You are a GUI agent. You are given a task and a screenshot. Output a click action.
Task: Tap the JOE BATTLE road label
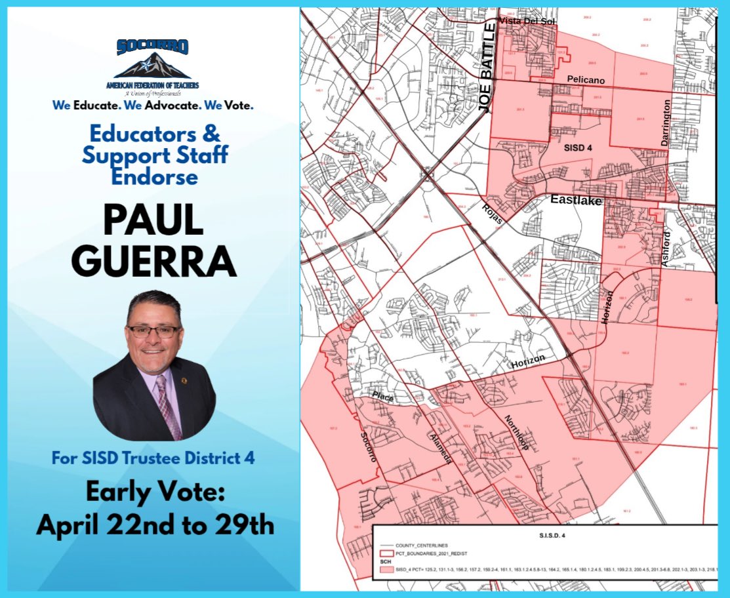487,68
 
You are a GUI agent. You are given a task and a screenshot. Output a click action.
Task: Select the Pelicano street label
586,80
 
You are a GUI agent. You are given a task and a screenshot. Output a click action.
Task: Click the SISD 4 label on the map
578,148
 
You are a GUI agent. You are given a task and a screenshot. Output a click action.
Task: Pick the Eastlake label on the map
575,201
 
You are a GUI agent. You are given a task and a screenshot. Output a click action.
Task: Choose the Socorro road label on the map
369,447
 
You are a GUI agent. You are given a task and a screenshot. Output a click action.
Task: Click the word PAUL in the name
153,222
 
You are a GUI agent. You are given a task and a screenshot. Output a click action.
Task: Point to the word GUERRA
153,261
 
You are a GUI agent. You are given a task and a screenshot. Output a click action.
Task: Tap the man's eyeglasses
154,331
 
